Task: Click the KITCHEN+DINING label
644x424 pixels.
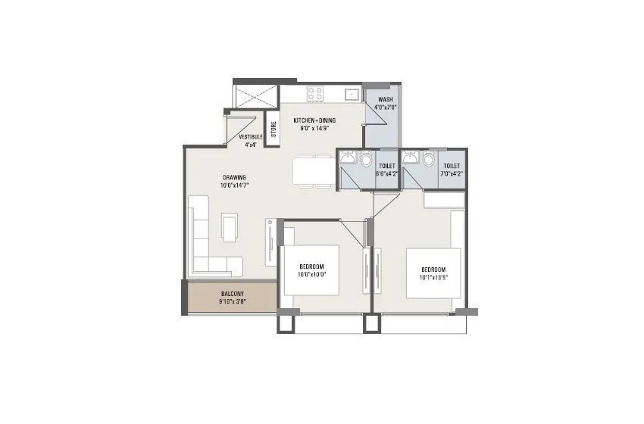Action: [x=314, y=120]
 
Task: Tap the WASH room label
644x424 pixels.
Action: [x=386, y=99]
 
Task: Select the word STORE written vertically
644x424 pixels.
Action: [x=274, y=129]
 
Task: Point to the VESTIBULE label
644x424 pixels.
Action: [x=250, y=137]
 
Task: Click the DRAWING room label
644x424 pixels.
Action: [x=233, y=177]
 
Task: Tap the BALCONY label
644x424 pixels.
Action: [x=232, y=293]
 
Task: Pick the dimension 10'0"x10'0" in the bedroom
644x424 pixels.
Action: [x=311, y=276]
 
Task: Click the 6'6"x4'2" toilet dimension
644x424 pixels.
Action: [x=387, y=173]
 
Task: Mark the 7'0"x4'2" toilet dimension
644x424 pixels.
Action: [x=452, y=173]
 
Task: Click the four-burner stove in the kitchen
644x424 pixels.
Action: [x=315, y=95]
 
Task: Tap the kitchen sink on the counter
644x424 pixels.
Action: [x=351, y=95]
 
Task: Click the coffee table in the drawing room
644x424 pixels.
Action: [x=229, y=225]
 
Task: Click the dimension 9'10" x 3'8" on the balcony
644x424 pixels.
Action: [x=232, y=301]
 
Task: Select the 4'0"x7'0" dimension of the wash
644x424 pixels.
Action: [x=386, y=107]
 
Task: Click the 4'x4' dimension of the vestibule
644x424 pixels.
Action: [x=250, y=144]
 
